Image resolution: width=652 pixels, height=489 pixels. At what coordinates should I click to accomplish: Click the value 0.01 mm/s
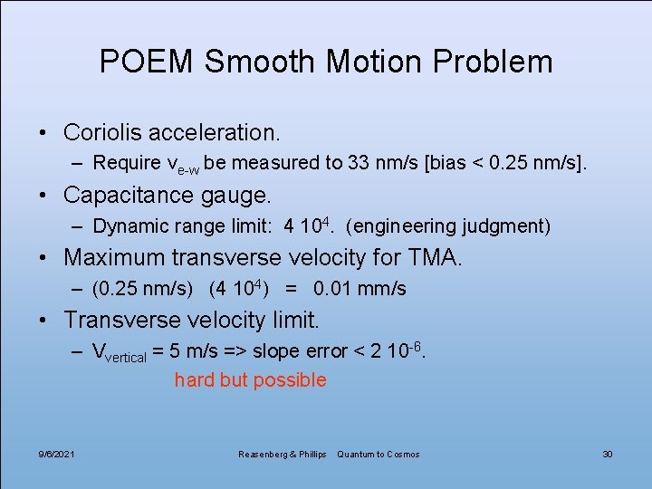click(360, 289)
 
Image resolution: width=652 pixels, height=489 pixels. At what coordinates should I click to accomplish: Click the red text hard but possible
click(250, 380)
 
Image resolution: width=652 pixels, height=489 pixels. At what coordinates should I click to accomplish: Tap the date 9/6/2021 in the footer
click(57, 454)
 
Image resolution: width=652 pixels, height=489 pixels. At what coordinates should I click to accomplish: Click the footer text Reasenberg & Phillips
click(282, 454)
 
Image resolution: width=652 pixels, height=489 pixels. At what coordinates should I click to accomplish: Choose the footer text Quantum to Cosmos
click(379, 454)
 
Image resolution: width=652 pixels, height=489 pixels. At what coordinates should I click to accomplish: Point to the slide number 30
click(608, 454)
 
